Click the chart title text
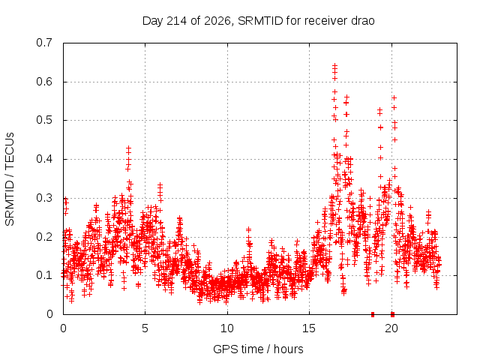[258, 21]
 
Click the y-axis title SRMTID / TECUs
[10, 179]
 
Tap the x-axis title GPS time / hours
[258, 349]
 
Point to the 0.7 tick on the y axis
[44, 43]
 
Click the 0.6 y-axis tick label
[44, 82]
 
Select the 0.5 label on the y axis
[44, 120]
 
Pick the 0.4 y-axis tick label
[44, 159]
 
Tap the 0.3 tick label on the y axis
[44, 198]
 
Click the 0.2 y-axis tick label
[44, 237]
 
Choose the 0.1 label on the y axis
[44, 275]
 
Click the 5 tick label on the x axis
[145, 328]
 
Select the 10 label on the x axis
[227, 328]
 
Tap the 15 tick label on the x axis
[309, 328]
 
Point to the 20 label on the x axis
[391, 328]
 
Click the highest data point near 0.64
[335, 65]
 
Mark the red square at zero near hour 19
[373, 314]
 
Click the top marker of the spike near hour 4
[128, 148]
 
